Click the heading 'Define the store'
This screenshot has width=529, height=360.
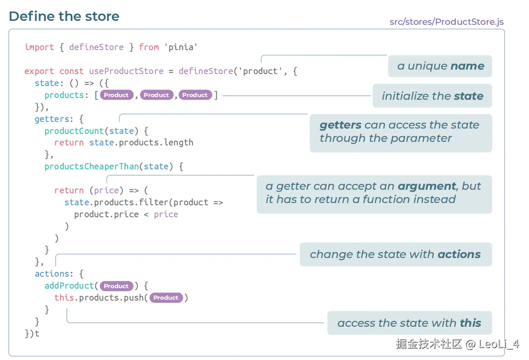point(64,16)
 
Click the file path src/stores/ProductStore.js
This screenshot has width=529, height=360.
point(447,22)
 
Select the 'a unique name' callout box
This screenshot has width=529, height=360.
point(440,66)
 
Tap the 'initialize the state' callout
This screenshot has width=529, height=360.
point(432,96)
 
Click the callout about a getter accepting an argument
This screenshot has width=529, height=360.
point(374,193)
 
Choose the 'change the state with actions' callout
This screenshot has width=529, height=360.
point(396,254)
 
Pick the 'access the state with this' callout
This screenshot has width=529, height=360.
point(409,323)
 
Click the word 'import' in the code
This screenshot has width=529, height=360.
point(39,47)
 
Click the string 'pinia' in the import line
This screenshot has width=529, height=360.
point(181,47)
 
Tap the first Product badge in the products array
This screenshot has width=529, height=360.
point(116,95)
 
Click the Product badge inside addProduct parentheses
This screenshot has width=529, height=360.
point(116,286)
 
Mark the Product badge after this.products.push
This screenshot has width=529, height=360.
point(166,298)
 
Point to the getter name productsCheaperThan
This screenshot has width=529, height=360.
point(91,167)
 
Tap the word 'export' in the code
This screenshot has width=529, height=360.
point(39,71)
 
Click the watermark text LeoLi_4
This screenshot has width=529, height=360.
point(499,343)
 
